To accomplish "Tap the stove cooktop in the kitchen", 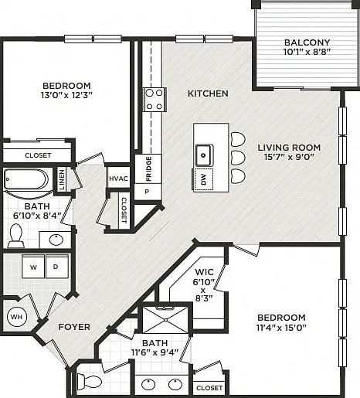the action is pos(155,100).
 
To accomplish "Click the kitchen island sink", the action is pos(204,155).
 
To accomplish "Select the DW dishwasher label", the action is pos(203,179).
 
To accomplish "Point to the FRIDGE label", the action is pos(148,168).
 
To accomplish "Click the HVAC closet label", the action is pos(118,179).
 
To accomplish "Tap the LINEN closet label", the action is pos(62,179).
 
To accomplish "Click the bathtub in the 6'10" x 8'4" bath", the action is pos(25,179).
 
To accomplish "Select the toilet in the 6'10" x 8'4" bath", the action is pos(15,236).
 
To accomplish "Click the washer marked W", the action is pos(33,267).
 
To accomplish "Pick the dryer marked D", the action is pos(57,267).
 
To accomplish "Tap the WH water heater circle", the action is pos(17,317).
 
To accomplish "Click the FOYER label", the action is pos(74,327).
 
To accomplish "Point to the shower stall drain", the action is pos(165,320).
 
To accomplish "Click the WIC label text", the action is pos(204,272).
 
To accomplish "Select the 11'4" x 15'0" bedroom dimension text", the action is pos(281,328).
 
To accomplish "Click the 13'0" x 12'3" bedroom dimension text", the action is pos(66,95).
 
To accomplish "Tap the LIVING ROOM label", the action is pos(289,148).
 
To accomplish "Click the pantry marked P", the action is pos(148,192).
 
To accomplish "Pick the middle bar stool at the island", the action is pos(238,158).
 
